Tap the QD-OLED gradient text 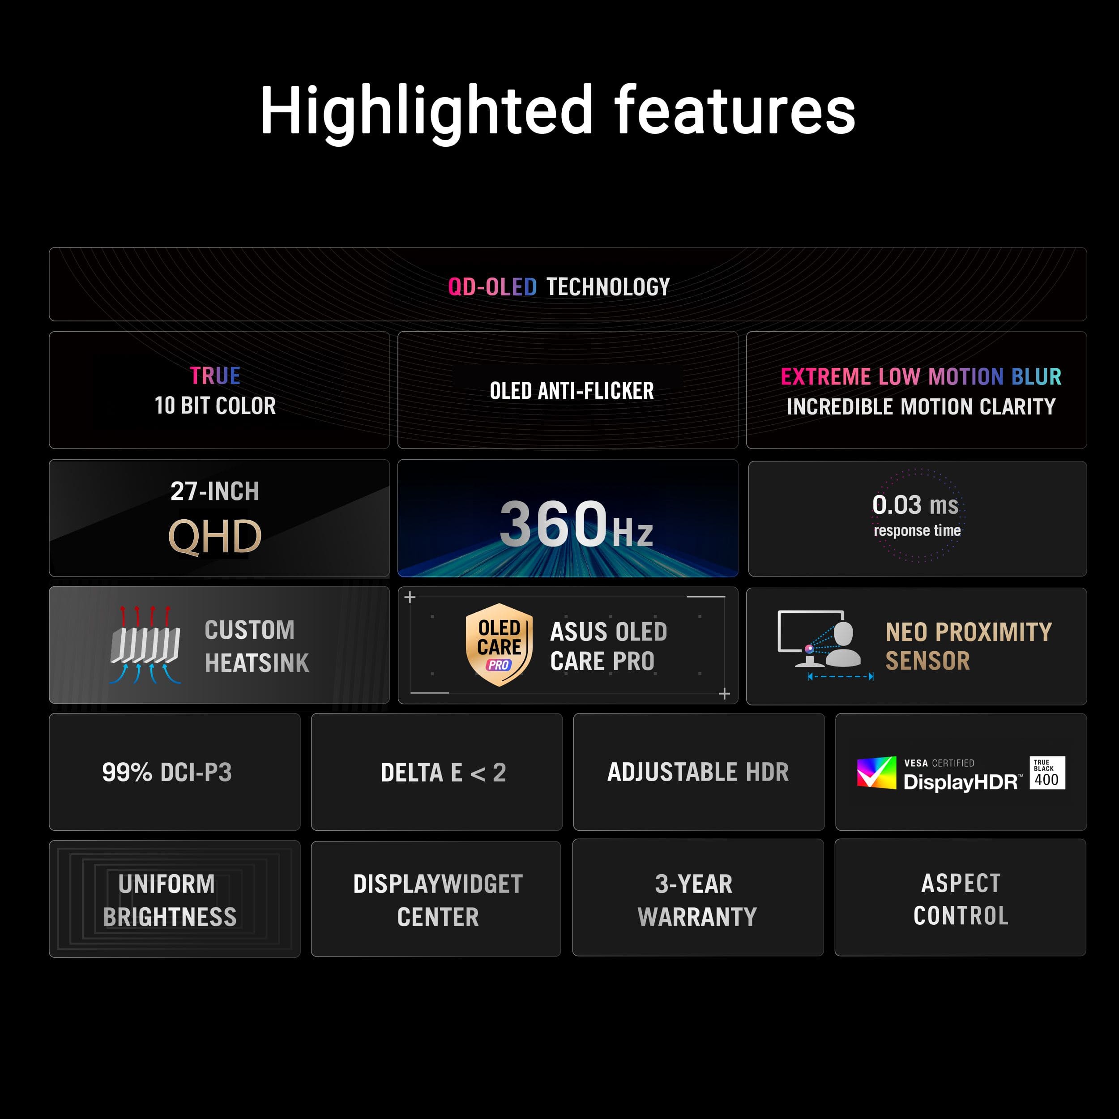(x=492, y=287)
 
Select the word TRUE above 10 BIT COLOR (x=215, y=376)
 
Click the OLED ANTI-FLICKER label (x=572, y=391)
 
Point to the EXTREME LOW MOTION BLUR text (x=921, y=376)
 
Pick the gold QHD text (x=215, y=536)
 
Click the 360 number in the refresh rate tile (x=553, y=524)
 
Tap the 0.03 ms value (x=915, y=504)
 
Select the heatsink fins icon (x=145, y=645)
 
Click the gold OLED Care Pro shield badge (x=499, y=645)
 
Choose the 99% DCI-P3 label (x=167, y=772)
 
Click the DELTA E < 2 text (x=444, y=773)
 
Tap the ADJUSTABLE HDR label (x=698, y=772)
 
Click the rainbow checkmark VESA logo (x=876, y=773)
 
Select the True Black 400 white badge (x=1047, y=773)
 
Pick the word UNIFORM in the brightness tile (x=167, y=884)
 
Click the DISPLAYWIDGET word (x=438, y=884)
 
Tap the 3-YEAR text (x=694, y=884)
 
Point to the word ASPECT (x=961, y=883)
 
